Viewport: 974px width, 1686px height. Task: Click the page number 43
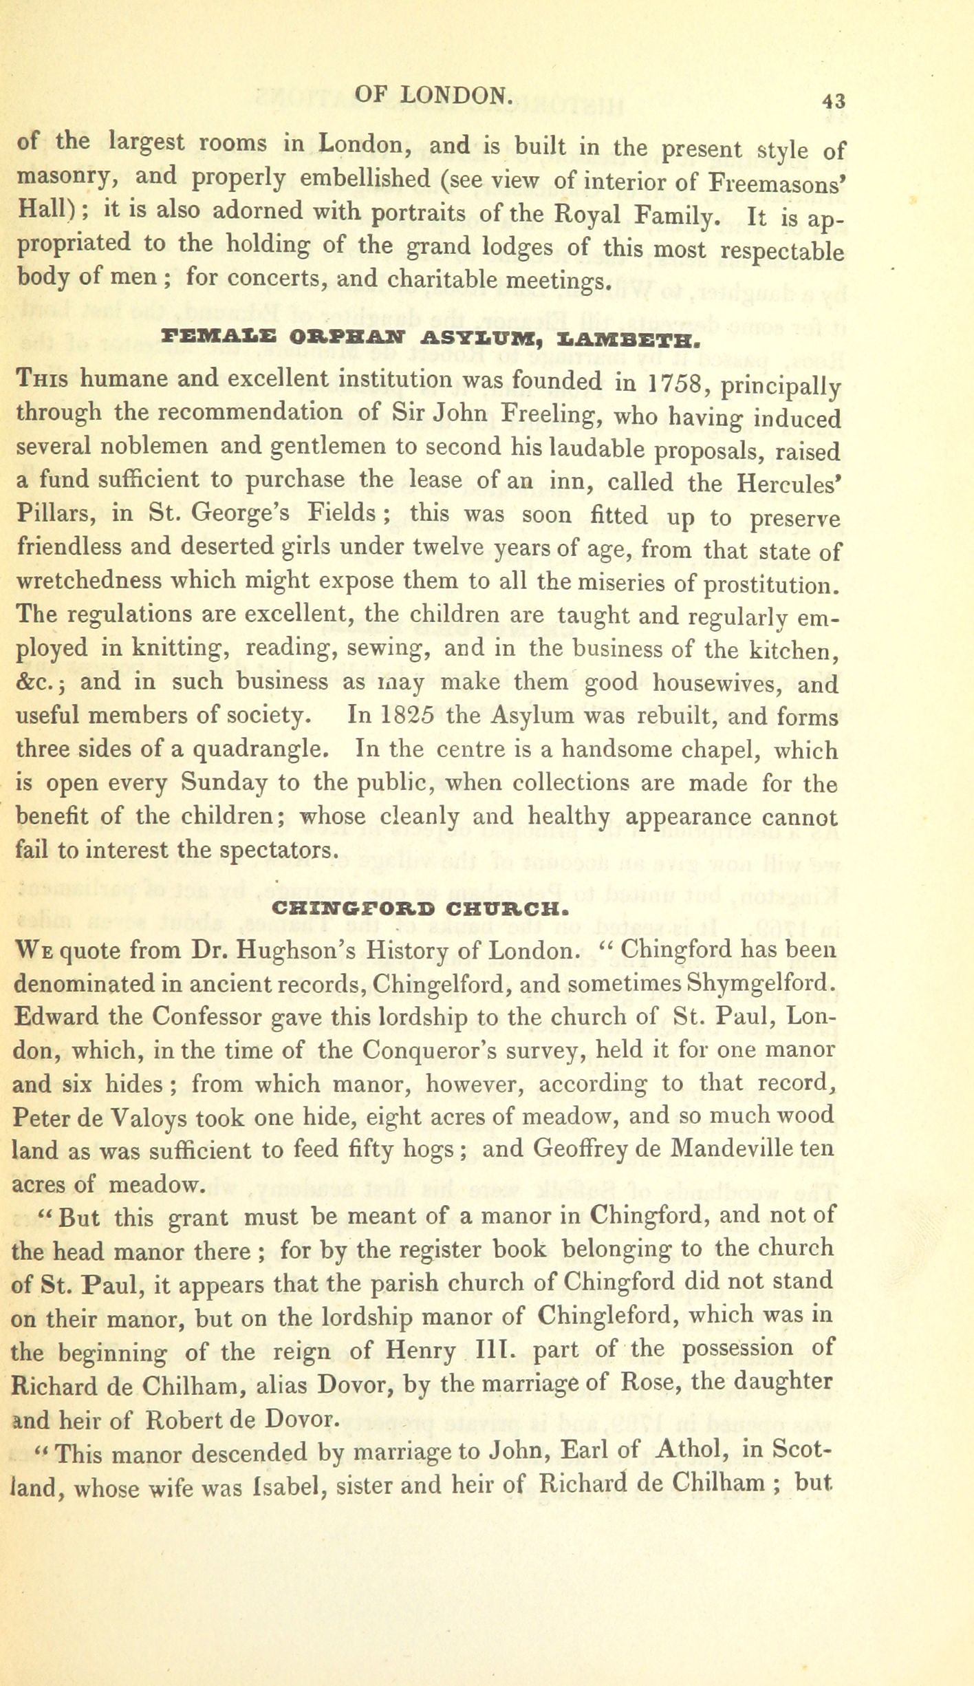[x=832, y=100]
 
